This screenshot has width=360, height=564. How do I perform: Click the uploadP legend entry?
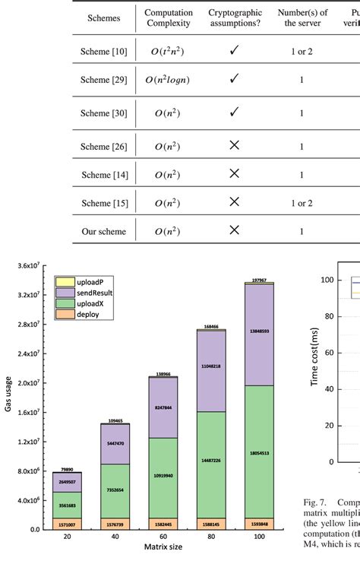point(75,281)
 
